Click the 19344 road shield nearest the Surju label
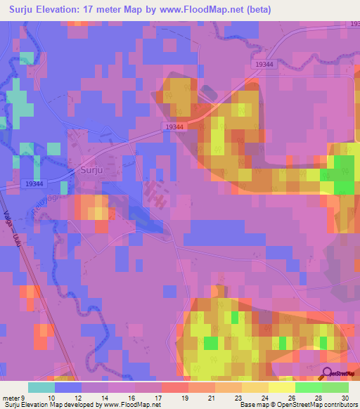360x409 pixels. click(x=34, y=183)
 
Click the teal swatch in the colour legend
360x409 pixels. click(x=41, y=387)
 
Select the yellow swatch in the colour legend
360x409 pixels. click(x=281, y=387)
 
